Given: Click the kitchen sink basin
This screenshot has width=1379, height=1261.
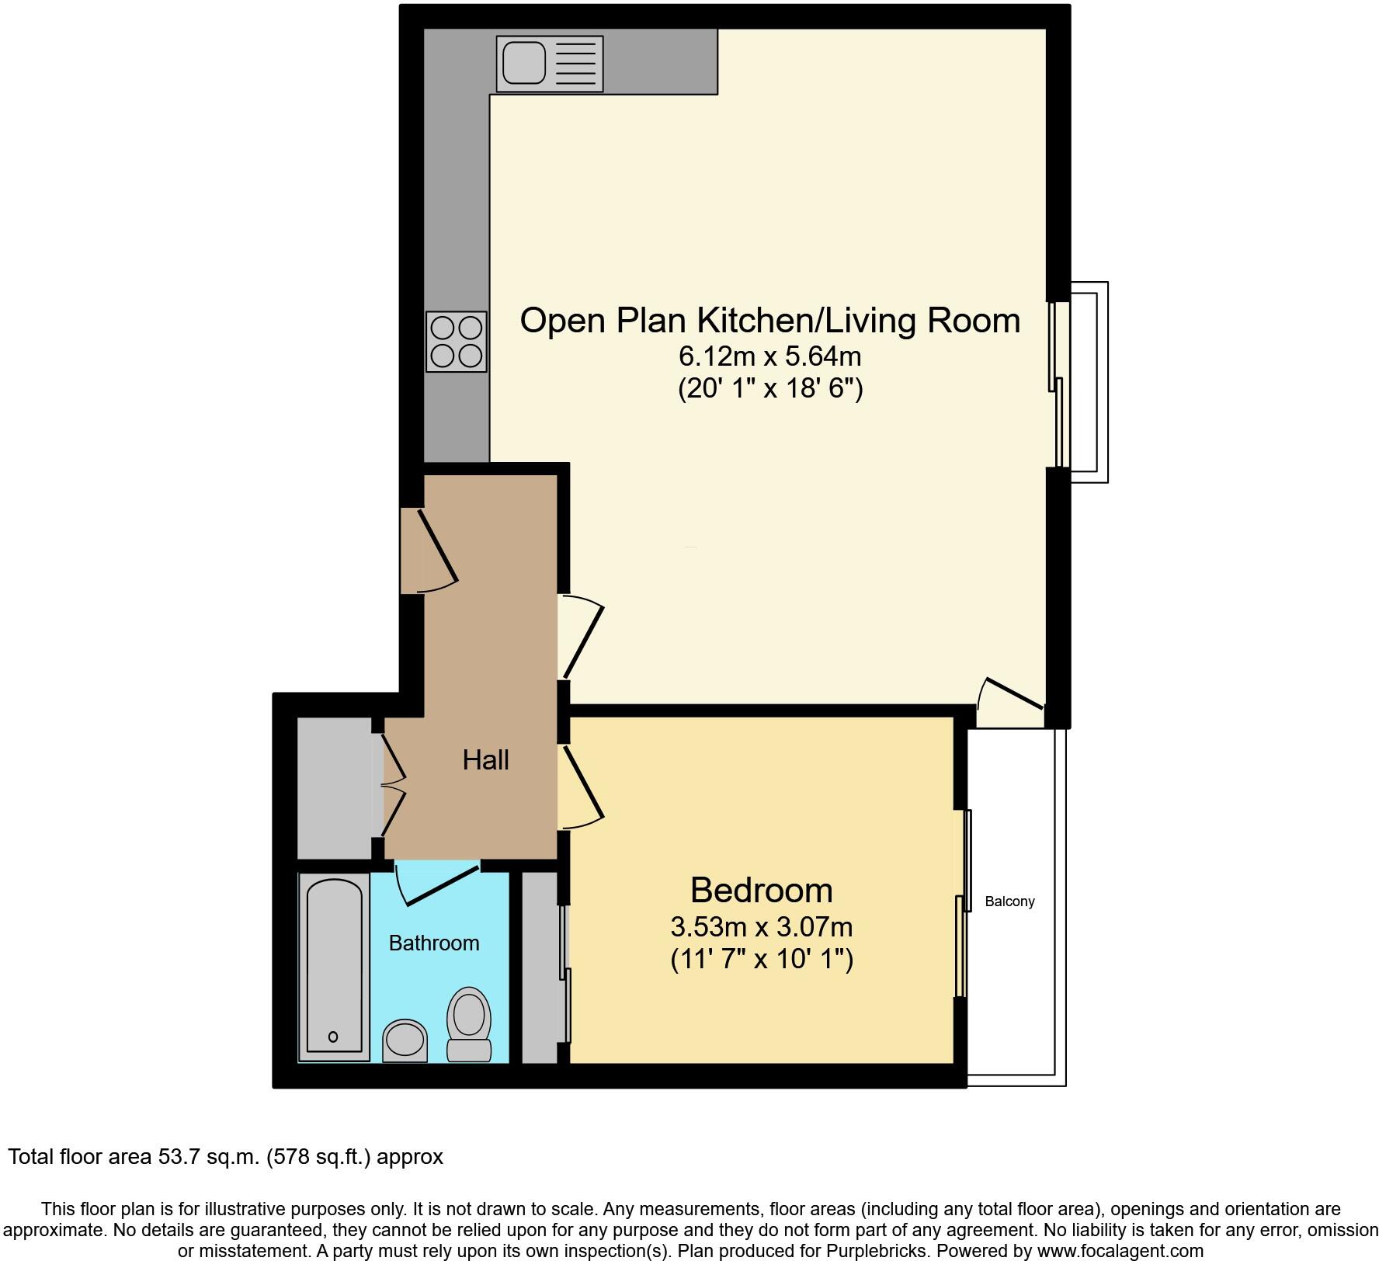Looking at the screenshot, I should pyautogui.click(x=524, y=62).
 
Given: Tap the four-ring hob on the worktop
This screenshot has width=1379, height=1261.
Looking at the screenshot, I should pyautogui.click(x=457, y=342).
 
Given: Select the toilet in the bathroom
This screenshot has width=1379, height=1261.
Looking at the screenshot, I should pyautogui.click(x=470, y=1023).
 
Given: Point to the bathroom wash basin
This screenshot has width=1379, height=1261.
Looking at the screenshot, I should pyautogui.click(x=405, y=1040).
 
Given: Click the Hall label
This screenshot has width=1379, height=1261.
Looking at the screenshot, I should pyautogui.click(x=485, y=759).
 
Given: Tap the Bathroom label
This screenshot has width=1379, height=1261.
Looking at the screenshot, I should pyautogui.click(x=433, y=943).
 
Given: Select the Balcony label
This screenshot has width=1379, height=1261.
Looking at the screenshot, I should pyautogui.click(x=1009, y=901).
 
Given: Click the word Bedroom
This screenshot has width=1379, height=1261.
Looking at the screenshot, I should pyautogui.click(x=761, y=890).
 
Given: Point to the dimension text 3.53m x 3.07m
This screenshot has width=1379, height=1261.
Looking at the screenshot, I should pyautogui.click(x=761, y=926).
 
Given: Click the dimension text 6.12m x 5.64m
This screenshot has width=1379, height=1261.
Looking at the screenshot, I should pyautogui.click(x=769, y=356).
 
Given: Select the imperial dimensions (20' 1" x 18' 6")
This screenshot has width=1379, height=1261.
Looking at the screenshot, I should pyautogui.click(x=769, y=387).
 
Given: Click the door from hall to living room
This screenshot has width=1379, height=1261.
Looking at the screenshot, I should pyautogui.click(x=582, y=638).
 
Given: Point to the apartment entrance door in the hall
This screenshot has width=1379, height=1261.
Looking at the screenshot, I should pyautogui.click(x=437, y=547).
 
